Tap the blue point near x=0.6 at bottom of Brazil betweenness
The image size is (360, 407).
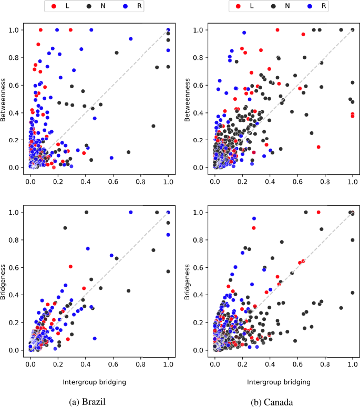click(112, 158)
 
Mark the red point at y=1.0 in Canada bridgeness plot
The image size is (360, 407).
click(318, 212)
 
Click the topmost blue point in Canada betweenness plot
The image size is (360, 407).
click(243, 33)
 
